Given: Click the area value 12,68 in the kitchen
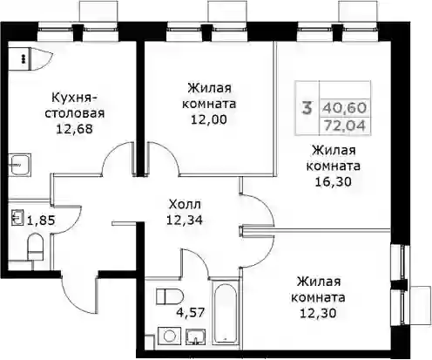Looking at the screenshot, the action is click(x=74, y=129).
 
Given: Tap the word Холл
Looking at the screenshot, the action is click(x=185, y=205).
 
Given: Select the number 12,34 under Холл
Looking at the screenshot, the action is click(x=185, y=221).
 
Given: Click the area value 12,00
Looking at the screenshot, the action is click(x=209, y=119).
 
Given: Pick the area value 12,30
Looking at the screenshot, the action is click(x=318, y=313).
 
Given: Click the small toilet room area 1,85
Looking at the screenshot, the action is click(x=41, y=221).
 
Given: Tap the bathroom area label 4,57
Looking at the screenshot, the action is click(x=191, y=313).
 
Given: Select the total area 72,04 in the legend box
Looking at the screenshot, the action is click(x=344, y=126).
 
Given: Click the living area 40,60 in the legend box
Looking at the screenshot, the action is click(x=344, y=108).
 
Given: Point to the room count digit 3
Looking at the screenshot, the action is click(x=307, y=108).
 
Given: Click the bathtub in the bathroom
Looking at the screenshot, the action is click(x=225, y=312).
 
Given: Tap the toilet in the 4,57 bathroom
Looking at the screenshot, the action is click(x=170, y=296).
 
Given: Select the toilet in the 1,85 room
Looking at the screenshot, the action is click(x=35, y=248).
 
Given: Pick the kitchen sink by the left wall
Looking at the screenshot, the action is click(x=20, y=165).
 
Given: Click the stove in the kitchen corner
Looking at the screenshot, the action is click(x=19, y=58).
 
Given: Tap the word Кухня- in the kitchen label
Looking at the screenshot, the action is click(x=74, y=98).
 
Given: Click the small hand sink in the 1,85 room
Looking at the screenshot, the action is click(x=17, y=217).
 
